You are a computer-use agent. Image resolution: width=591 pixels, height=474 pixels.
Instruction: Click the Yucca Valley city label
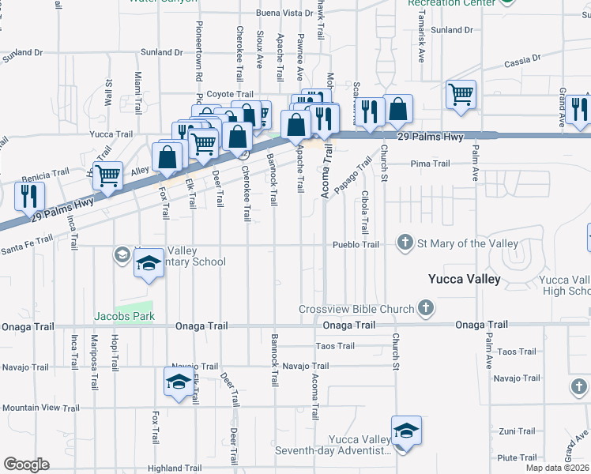pos(464,279)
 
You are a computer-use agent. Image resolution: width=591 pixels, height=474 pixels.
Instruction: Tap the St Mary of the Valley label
pos(469,243)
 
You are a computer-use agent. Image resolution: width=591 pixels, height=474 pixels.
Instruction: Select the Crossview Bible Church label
pos(356,309)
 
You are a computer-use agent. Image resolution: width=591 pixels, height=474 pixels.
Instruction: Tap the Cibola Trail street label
pos(364,211)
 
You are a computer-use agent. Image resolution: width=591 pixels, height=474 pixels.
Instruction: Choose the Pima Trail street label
pos(430,164)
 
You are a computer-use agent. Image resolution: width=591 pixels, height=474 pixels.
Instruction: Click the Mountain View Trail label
pos(40,408)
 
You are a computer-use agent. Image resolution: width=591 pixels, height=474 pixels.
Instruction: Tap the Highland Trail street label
pos(176,468)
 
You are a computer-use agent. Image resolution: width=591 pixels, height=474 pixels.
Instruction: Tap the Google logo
pos(26,465)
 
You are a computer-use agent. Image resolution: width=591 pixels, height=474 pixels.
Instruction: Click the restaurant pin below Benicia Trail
pos(30,197)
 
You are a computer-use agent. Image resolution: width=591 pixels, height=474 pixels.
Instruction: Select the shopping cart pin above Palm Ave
pos(461,95)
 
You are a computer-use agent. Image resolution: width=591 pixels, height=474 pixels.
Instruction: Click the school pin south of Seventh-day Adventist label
pos(407,431)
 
